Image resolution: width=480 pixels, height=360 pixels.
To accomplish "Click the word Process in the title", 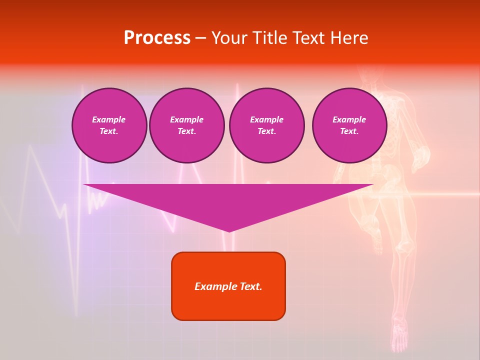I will [x=157, y=38].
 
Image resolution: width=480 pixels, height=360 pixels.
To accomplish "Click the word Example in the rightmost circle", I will [x=349, y=119].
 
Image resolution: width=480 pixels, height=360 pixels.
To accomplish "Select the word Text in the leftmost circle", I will [x=109, y=131].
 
